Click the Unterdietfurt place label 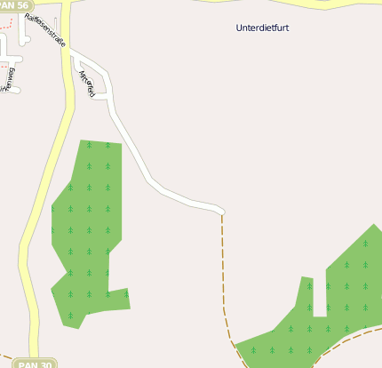point(262,28)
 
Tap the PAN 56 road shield point(18,5)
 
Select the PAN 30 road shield point(36,363)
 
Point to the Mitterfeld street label point(87,84)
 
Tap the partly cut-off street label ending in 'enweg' point(10,77)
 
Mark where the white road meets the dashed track point(222,212)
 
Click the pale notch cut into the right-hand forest point(319,298)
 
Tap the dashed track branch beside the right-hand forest point(355,336)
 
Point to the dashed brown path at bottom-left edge point(7,357)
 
